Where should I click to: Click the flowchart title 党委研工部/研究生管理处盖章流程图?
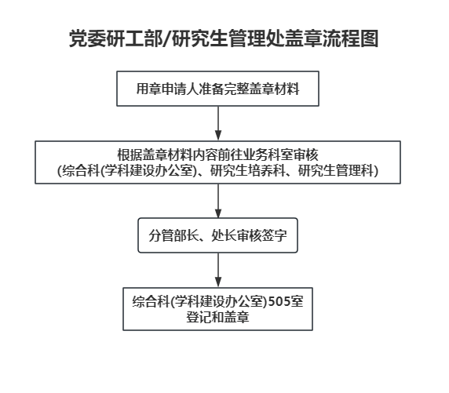point(224,38)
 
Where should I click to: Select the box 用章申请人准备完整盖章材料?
point(217,89)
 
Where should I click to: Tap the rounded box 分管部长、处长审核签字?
point(217,235)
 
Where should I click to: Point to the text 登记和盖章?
point(217,317)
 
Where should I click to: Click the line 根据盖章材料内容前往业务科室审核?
point(217,155)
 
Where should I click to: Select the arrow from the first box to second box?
point(218,123)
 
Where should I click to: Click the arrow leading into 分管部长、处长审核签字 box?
point(218,201)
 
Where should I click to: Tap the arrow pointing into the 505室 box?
point(218,270)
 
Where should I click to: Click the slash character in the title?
point(167,38)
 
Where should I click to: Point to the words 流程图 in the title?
point(351,38)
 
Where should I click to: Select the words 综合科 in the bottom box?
point(151,301)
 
